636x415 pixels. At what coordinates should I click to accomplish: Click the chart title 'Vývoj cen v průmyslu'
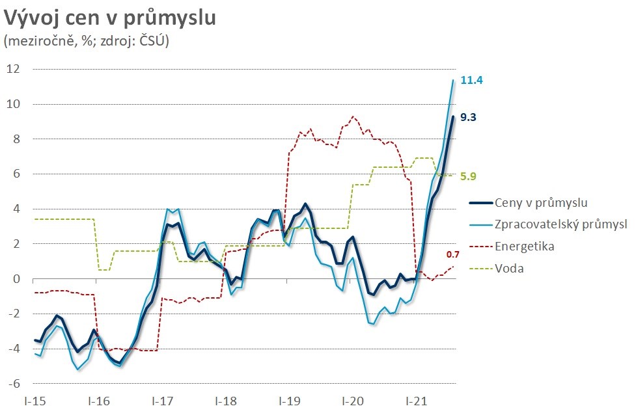[x=110, y=18]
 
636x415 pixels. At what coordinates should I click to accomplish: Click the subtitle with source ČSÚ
[x=86, y=41]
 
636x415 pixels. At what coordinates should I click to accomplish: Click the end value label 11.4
[x=471, y=81]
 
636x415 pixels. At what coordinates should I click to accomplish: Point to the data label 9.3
[x=469, y=118]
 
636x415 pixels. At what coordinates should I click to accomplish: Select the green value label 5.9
[x=469, y=176]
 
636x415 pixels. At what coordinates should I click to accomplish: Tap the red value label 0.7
[x=454, y=254]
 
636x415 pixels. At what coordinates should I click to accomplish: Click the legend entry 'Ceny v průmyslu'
[x=541, y=203]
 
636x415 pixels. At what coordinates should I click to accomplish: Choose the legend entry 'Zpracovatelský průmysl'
[x=560, y=224]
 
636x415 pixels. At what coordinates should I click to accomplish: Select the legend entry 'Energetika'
[x=523, y=246]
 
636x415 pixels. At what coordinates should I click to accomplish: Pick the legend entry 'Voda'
[x=508, y=267]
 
